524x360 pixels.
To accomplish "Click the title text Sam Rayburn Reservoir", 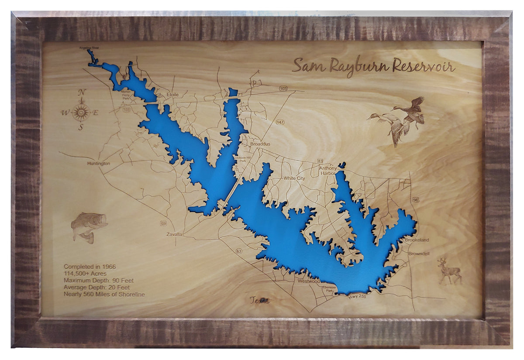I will click(x=373, y=66).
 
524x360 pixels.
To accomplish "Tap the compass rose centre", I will click(x=81, y=112).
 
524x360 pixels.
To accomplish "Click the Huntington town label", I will click(x=96, y=164).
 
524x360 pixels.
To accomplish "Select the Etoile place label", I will click(x=173, y=94).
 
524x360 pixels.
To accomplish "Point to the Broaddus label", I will click(x=260, y=144).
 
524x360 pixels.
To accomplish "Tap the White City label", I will click(x=294, y=178).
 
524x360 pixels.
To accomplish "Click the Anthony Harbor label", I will click(x=327, y=171).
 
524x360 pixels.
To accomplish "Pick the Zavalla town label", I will click(x=174, y=234).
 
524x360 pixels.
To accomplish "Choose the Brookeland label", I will click(x=417, y=240).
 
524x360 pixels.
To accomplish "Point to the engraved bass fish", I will click(x=89, y=226).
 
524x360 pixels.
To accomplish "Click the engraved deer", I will click(x=449, y=271).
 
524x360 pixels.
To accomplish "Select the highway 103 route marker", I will click(x=283, y=89).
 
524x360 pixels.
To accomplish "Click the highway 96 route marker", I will click(x=415, y=199).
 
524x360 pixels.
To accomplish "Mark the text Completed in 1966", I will click(x=90, y=266).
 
